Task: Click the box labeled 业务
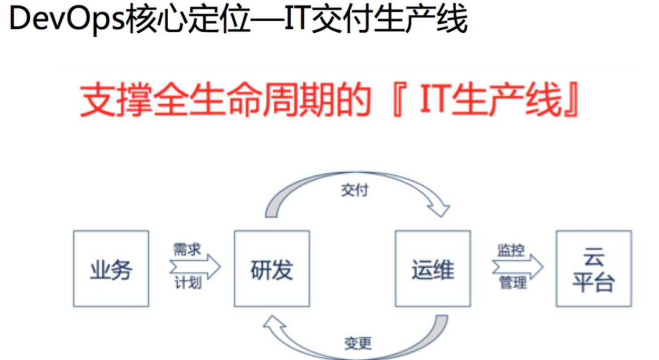[111, 269]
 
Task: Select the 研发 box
[272, 269]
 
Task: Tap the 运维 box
[433, 269]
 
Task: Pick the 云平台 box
[594, 269]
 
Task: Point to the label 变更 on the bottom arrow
[358, 343]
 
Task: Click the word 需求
[187, 250]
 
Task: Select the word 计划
[188, 283]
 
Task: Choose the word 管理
[512, 283]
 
